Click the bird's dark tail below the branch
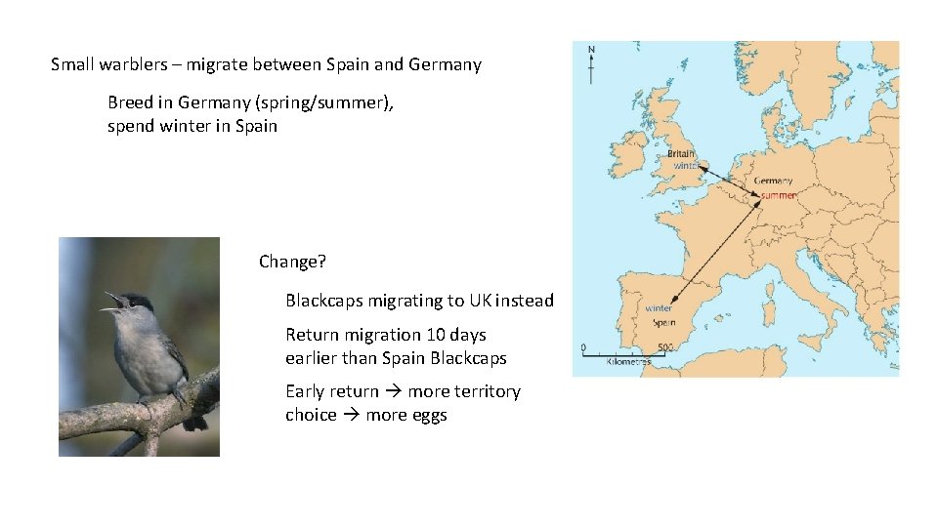pos(195,423)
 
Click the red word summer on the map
pos(778,195)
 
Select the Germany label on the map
pos(774,181)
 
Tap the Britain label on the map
pos(681,153)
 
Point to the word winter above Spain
pos(659,308)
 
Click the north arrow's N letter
pos(591,49)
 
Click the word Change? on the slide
pos(292,262)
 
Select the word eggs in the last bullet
pos(428,415)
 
